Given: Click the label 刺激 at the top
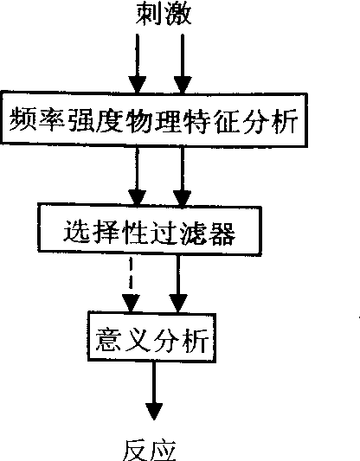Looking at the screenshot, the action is tap(164, 14).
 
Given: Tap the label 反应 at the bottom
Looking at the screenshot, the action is tap(150, 451).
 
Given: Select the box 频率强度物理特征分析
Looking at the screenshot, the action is tap(154, 119).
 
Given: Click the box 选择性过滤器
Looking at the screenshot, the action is tap(150, 229).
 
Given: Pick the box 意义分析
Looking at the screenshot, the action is tap(152, 337).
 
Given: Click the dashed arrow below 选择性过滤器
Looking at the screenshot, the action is tap(131, 284).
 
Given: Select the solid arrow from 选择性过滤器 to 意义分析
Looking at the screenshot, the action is tap(177, 284).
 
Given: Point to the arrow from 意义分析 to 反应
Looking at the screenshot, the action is tap(153, 391).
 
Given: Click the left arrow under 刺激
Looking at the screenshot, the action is tap(137, 63).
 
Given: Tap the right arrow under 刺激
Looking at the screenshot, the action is tap(183, 63).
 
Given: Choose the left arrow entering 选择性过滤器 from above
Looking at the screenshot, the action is tap(137, 176).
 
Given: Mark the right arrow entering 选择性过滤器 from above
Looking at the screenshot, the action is tap(183, 176).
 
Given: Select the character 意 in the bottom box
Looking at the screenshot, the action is tap(108, 340).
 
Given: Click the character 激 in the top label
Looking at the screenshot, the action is tap(178, 14).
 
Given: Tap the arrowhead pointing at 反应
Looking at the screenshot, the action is tap(153, 411).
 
